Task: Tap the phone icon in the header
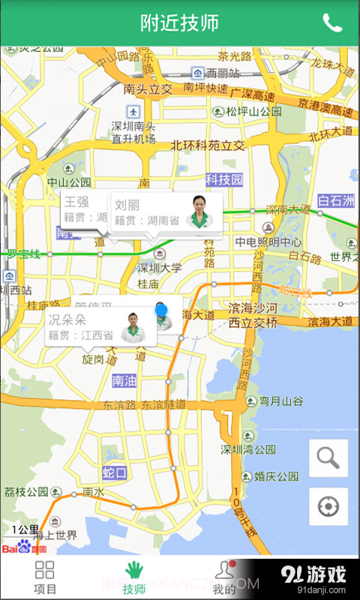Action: click(332, 22)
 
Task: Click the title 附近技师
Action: click(180, 22)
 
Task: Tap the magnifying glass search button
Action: click(328, 457)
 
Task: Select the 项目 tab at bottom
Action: click(45, 577)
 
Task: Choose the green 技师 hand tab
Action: click(134, 577)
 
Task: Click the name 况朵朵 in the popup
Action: click(67, 319)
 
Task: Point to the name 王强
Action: click(76, 202)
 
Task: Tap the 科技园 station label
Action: click(225, 180)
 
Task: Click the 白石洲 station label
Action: click(335, 201)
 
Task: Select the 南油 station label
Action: click(124, 381)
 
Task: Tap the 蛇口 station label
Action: click(115, 472)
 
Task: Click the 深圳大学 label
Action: click(159, 268)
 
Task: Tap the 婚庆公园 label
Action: click(277, 475)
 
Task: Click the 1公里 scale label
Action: click(25, 529)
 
